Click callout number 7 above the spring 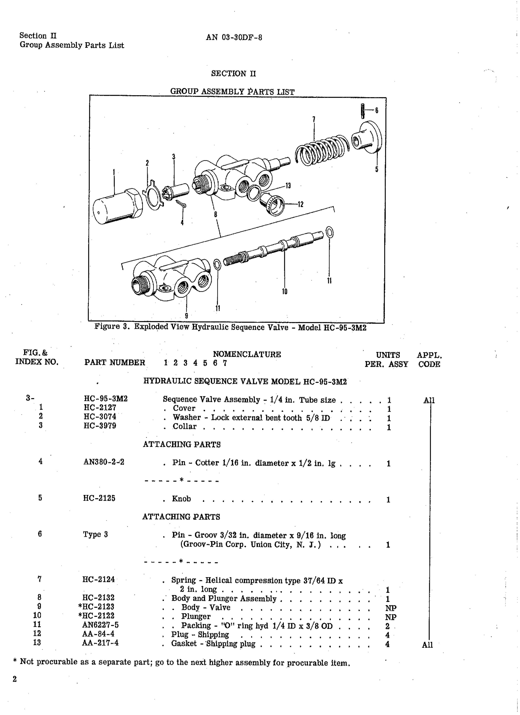click(314, 119)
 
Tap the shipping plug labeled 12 click(272, 203)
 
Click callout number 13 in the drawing click(288, 186)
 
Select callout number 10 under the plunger click(284, 292)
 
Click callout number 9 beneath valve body click(186, 315)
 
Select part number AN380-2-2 click(104, 462)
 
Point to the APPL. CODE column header click(429, 360)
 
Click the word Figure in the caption click(107, 326)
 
